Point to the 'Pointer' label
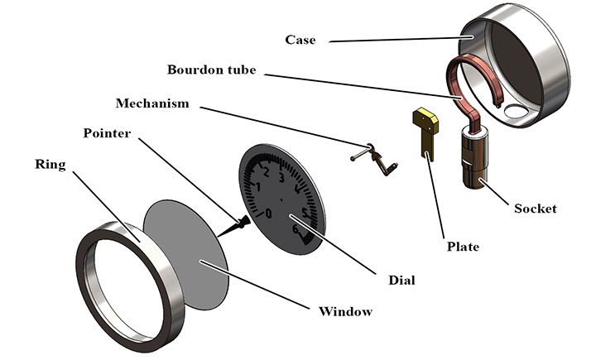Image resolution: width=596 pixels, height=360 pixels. point(107,133)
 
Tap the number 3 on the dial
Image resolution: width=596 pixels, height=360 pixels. point(281,178)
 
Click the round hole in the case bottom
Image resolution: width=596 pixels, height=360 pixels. point(519,111)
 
